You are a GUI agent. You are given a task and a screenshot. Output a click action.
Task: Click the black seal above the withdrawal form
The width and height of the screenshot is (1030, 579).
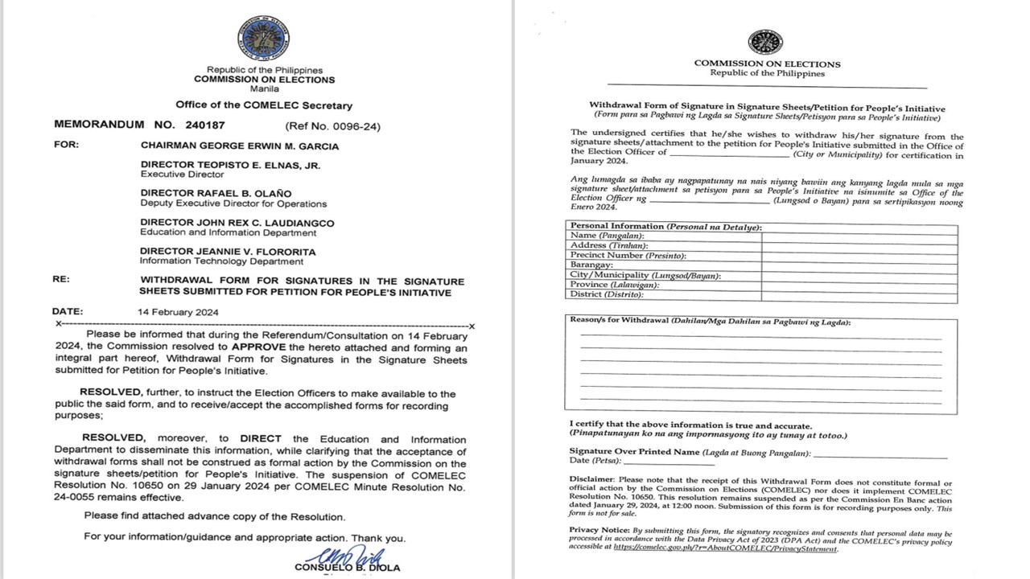pyautogui.click(x=764, y=43)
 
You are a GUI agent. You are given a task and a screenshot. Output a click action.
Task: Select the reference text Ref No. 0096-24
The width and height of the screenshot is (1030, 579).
pyautogui.click(x=332, y=126)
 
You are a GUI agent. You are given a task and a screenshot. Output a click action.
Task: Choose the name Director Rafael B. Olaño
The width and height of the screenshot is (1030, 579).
pyautogui.click(x=216, y=193)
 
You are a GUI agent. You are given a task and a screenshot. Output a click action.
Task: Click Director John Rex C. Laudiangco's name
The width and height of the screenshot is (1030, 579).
pyautogui.click(x=237, y=222)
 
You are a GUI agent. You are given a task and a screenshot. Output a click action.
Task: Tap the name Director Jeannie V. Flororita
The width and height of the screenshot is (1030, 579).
pyautogui.click(x=228, y=252)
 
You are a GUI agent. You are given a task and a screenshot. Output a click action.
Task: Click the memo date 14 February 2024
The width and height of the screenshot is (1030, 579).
pyautogui.click(x=178, y=312)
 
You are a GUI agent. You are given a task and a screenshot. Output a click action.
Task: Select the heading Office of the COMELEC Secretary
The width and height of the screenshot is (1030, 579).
pyautogui.click(x=264, y=105)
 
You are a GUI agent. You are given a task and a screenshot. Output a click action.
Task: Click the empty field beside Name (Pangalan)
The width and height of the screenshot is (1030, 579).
pyautogui.click(x=859, y=235)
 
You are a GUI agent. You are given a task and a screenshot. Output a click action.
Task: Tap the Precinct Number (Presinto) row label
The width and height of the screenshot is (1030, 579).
pyautogui.click(x=628, y=255)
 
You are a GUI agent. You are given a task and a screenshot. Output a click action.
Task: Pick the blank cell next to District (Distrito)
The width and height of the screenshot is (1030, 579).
pyautogui.click(x=859, y=294)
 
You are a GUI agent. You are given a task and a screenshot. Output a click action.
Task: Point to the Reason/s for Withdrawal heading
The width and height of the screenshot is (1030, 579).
pyautogui.click(x=710, y=321)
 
